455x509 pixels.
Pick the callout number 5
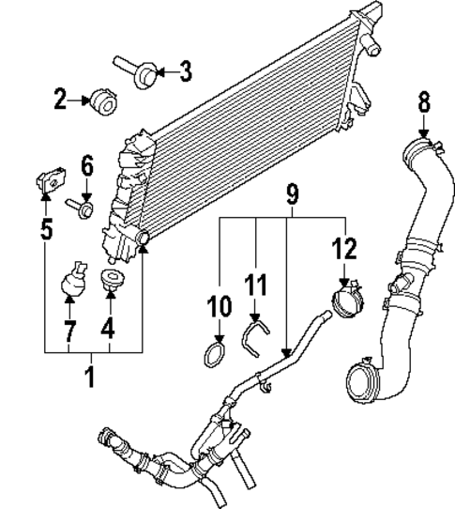coord(47,228)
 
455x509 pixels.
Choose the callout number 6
coord(87,167)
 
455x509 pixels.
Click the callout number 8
coord(423,100)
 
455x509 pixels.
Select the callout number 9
coord(291,195)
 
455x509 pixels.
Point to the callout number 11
coord(256,283)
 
